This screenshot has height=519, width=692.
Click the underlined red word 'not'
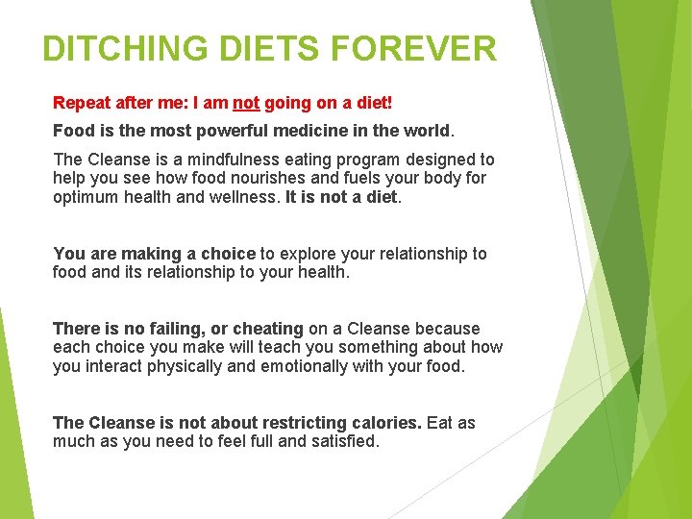coord(246,102)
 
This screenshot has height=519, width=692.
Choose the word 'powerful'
coord(218,130)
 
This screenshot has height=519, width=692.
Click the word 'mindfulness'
coord(216,160)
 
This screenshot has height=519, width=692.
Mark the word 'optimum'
coord(85,196)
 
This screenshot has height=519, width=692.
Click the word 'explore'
coord(309,254)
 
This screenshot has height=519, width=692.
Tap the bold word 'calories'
coord(386,423)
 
